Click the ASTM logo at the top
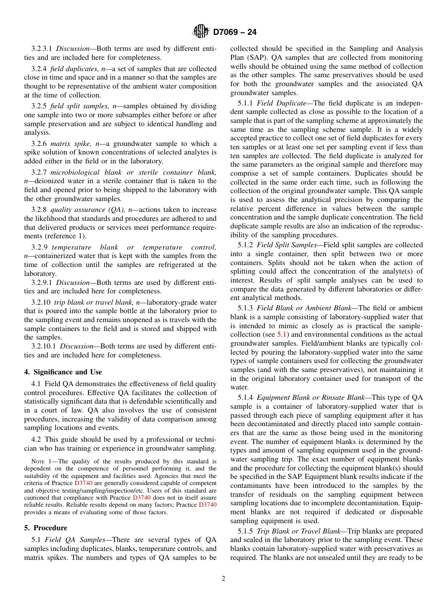(201, 32)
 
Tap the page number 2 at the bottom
(223, 579)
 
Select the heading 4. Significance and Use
(63, 372)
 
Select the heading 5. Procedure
(46, 527)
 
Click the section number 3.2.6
(39, 144)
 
